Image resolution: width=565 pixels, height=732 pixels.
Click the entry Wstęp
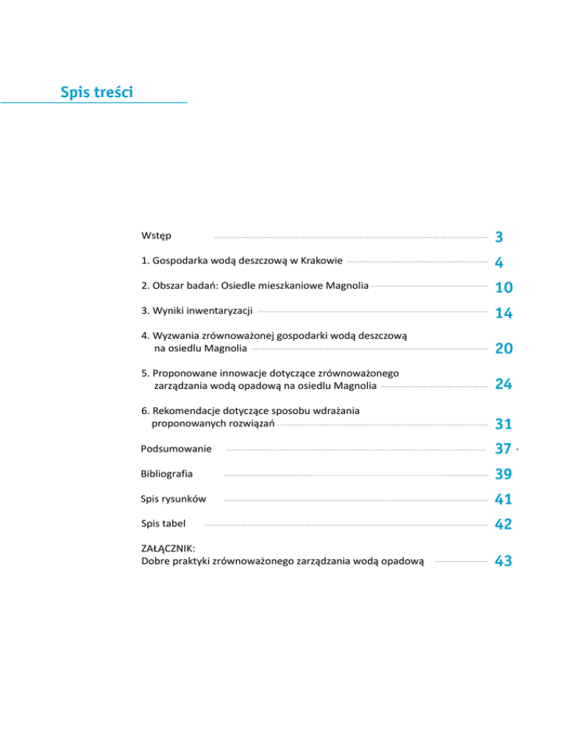(156, 236)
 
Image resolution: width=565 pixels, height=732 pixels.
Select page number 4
(499, 262)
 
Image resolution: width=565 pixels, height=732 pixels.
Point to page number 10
(503, 287)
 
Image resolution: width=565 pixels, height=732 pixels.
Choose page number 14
(503, 313)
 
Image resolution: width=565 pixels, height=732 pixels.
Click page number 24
(503, 384)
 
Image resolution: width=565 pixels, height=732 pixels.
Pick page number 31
(503, 424)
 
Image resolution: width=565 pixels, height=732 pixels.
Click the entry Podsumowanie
(176, 448)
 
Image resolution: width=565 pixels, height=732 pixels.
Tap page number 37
(503, 449)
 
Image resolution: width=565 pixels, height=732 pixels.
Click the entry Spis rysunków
(173, 499)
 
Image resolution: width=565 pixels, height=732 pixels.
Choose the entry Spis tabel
(163, 524)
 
